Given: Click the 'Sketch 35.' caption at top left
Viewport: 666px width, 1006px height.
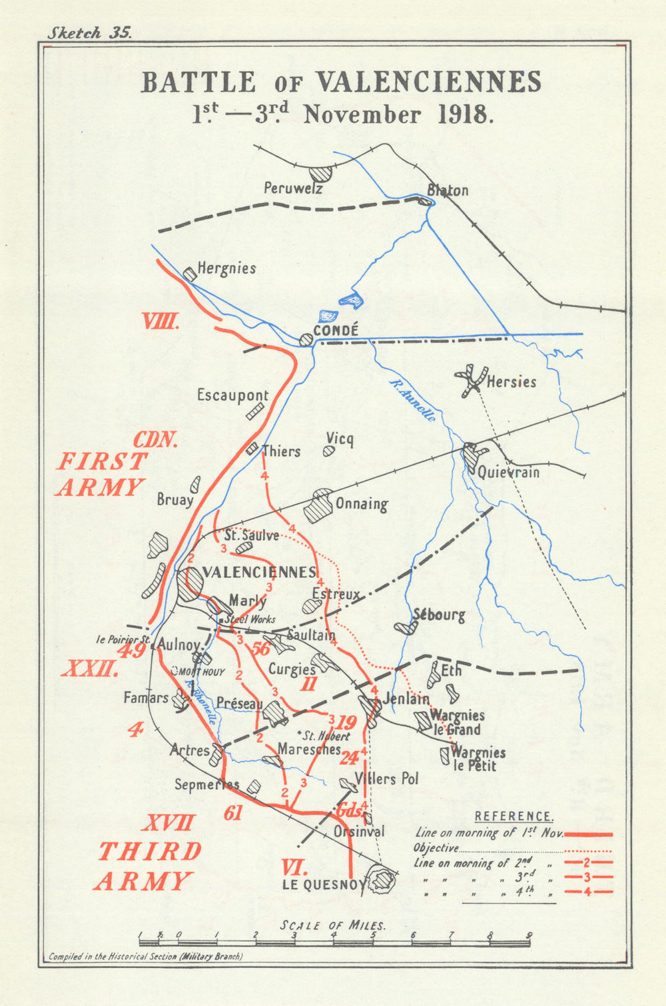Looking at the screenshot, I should point(89,33).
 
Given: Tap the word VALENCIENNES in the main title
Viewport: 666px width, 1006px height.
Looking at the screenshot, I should point(428,82).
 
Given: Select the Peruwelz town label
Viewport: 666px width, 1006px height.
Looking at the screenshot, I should point(293,188).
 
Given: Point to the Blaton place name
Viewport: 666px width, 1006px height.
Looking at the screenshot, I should point(448,190).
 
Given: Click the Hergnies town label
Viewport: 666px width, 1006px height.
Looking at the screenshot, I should point(226,268).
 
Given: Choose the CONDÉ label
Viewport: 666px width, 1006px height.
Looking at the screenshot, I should point(336,330).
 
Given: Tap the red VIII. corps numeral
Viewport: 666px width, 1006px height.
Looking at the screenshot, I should point(160,323).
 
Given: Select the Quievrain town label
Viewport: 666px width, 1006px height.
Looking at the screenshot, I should point(508,472).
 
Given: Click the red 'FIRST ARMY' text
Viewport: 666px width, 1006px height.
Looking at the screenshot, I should point(101,474).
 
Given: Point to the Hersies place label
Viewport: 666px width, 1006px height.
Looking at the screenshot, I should point(511,382).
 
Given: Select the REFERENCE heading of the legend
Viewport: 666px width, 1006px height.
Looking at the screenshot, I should point(513,816).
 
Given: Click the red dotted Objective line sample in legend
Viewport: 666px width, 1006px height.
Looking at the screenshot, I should point(588,850).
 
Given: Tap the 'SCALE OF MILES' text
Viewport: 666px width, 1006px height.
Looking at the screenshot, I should point(333,925).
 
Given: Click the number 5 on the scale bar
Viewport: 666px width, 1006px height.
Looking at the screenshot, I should point(373,935).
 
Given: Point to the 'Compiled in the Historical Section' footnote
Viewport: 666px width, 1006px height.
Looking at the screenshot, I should point(146,956).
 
